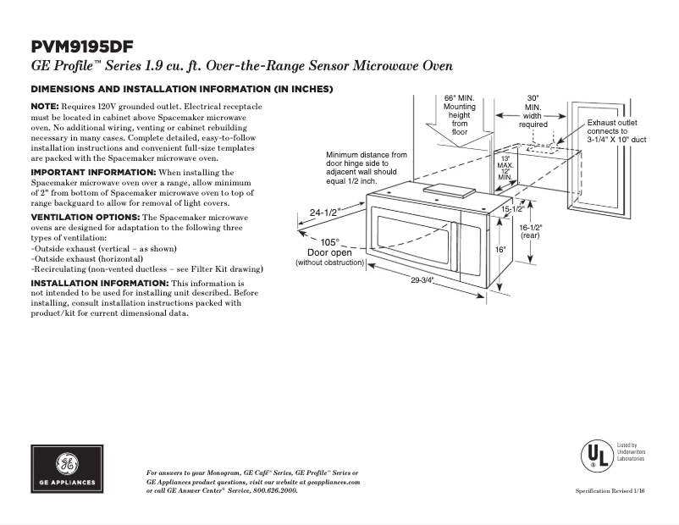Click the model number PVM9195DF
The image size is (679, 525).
coord(82,47)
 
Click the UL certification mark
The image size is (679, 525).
coord(596,455)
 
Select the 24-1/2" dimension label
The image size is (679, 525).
coord(324,213)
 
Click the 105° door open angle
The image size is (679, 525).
coord(329,242)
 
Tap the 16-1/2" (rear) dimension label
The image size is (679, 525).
coord(530,231)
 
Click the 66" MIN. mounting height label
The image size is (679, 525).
coord(459,114)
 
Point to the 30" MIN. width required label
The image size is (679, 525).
coord(533,111)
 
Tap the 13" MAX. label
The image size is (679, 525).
coord(505,162)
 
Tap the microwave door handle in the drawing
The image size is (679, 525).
coord(455,250)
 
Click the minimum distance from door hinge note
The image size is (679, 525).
coord(366,169)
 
